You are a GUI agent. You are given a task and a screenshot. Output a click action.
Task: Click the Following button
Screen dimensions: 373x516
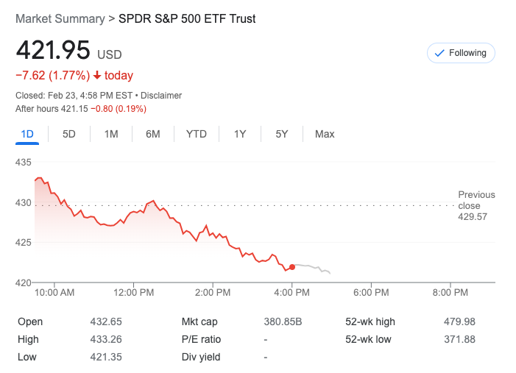point(461,53)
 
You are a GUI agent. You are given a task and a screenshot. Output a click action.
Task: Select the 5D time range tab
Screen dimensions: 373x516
point(69,134)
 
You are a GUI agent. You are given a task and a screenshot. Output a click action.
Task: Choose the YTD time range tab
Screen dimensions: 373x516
point(196,134)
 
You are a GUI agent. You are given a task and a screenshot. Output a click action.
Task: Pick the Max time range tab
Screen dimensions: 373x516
point(325,134)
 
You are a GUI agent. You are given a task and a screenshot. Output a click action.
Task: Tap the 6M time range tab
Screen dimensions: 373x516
point(153,134)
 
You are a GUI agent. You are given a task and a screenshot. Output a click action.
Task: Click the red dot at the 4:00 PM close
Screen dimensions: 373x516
point(292,267)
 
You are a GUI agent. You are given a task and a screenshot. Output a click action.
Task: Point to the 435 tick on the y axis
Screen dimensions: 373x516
point(24,162)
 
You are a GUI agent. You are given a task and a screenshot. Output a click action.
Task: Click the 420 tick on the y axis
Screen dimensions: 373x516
point(24,283)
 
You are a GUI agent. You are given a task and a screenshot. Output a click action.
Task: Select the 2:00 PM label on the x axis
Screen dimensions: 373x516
point(213,292)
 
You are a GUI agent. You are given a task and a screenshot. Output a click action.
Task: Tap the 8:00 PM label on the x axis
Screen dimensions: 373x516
point(450,292)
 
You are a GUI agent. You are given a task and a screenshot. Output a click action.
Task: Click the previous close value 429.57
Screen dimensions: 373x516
point(473,217)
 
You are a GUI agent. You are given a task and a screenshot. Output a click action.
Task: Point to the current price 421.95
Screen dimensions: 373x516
point(53,51)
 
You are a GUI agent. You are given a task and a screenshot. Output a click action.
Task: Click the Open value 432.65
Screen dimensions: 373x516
point(107,322)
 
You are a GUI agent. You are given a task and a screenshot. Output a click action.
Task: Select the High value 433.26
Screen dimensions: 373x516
point(107,339)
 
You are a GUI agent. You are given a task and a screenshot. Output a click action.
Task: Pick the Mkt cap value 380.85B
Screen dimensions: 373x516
point(283,322)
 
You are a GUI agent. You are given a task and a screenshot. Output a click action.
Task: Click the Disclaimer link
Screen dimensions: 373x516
point(161,96)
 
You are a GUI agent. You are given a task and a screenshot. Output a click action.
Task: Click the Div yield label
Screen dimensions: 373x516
point(201,358)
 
